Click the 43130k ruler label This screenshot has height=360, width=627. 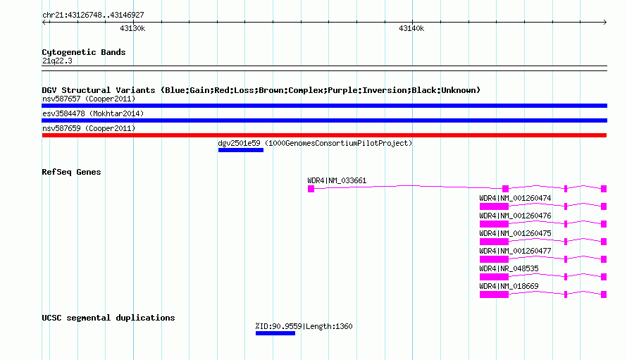[x=132, y=28]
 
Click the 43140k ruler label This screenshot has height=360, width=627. [x=411, y=28]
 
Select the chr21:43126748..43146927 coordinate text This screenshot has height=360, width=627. [x=93, y=15]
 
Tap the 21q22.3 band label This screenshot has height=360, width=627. [x=57, y=61]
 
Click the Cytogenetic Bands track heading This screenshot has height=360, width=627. [x=84, y=52]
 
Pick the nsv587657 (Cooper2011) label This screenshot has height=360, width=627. [x=89, y=99]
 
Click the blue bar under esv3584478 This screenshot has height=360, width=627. [x=324, y=120]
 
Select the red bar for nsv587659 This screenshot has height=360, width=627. [x=324, y=135]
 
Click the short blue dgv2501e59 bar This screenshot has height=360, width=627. [x=241, y=150]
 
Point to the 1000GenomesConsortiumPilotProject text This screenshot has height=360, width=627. [x=338, y=143]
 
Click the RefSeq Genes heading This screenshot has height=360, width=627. [x=71, y=172]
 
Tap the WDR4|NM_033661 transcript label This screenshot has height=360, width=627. [x=337, y=180]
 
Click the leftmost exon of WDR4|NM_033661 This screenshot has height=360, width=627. [x=311, y=189]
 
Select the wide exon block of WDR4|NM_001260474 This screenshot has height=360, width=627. [x=494, y=206]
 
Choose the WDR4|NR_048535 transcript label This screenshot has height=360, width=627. [x=509, y=268]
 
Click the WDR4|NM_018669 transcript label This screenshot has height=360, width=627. [x=509, y=286]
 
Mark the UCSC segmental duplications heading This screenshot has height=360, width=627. [x=108, y=318]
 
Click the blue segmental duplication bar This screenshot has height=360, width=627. [x=275, y=333]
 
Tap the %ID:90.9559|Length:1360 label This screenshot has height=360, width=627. [x=304, y=326]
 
